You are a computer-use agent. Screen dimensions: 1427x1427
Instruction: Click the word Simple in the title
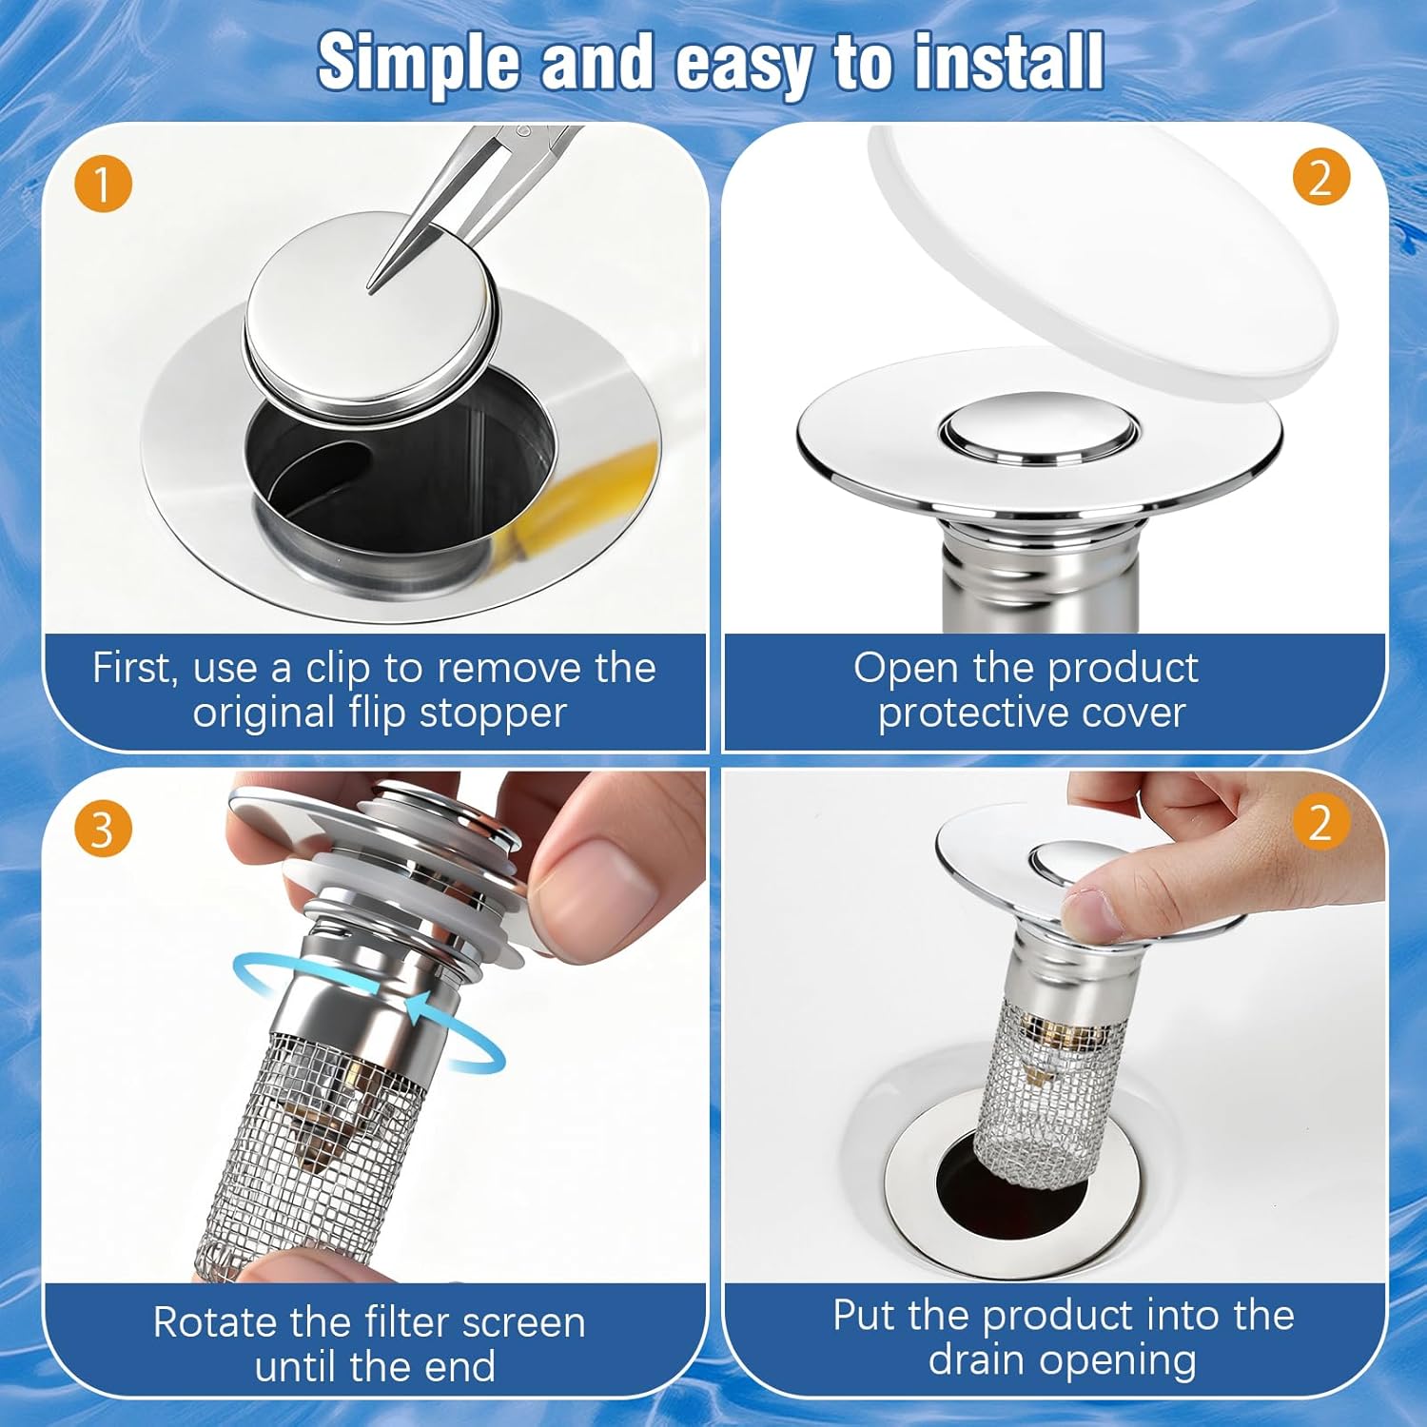pos(419,64)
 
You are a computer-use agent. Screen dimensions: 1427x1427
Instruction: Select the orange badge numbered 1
pos(103,183)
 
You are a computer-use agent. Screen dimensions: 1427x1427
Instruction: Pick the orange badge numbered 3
pos(103,829)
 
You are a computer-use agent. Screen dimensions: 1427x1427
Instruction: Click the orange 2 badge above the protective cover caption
pos(1320,177)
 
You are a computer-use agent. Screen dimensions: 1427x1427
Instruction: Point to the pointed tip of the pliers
pos(374,284)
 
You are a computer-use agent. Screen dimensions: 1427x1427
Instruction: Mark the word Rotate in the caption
pos(216,1322)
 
